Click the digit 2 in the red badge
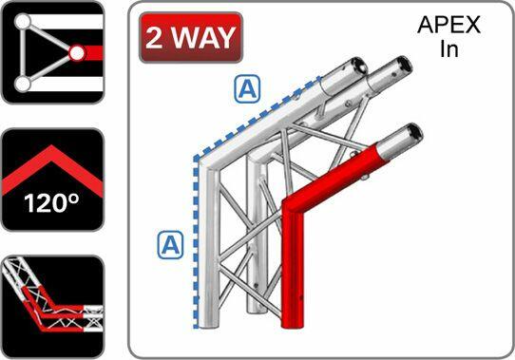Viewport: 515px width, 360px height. (x=155, y=39)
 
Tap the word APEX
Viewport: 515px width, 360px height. (x=449, y=27)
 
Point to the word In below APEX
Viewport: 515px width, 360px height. (x=449, y=49)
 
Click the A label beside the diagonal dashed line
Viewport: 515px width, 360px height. (x=248, y=90)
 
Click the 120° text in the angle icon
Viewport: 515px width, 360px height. (x=51, y=202)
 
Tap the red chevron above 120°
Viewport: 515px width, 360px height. (x=51, y=162)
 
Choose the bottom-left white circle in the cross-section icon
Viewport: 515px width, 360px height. (x=21, y=85)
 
